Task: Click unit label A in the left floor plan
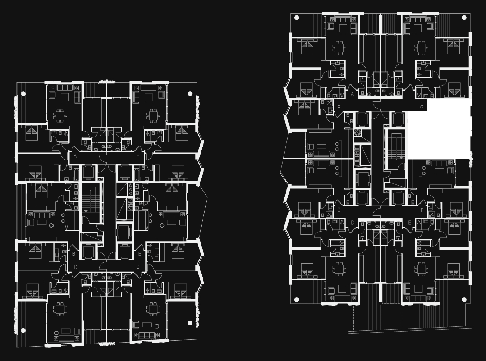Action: click(x=75, y=156)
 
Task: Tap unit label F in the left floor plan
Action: click(x=138, y=156)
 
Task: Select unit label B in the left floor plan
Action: click(x=74, y=254)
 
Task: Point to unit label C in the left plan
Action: click(x=75, y=267)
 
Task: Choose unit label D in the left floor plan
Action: click(x=138, y=267)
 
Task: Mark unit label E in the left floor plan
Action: click(x=139, y=254)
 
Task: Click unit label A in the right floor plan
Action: click(x=352, y=94)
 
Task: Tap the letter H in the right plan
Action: click(x=409, y=94)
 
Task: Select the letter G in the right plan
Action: click(x=422, y=108)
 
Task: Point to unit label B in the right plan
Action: click(x=339, y=108)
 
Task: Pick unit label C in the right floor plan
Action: click(x=339, y=210)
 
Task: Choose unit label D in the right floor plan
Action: click(x=353, y=223)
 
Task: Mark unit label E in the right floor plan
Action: click(x=409, y=223)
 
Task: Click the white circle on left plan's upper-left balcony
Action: click(x=23, y=94)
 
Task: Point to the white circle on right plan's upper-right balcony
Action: click(x=464, y=18)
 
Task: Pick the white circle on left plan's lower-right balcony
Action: click(x=190, y=323)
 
